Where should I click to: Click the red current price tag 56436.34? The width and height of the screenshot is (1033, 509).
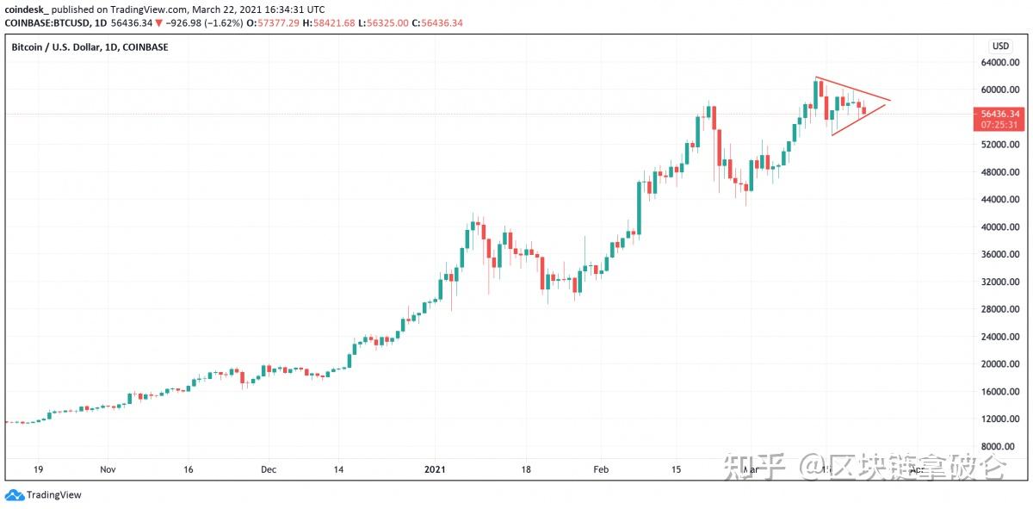[x=999, y=114]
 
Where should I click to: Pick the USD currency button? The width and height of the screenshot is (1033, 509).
[x=1000, y=46]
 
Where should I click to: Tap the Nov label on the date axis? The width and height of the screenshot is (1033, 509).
[x=108, y=469]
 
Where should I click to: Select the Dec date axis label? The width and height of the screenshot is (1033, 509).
[x=269, y=469]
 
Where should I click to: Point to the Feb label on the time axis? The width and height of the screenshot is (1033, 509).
[x=601, y=469]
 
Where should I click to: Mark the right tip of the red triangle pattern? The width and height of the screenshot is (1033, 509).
[x=891, y=101]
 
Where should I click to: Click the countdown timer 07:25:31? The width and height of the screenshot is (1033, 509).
[x=999, y=125]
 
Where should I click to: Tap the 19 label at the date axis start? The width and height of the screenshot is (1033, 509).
[x=39, y=469]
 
